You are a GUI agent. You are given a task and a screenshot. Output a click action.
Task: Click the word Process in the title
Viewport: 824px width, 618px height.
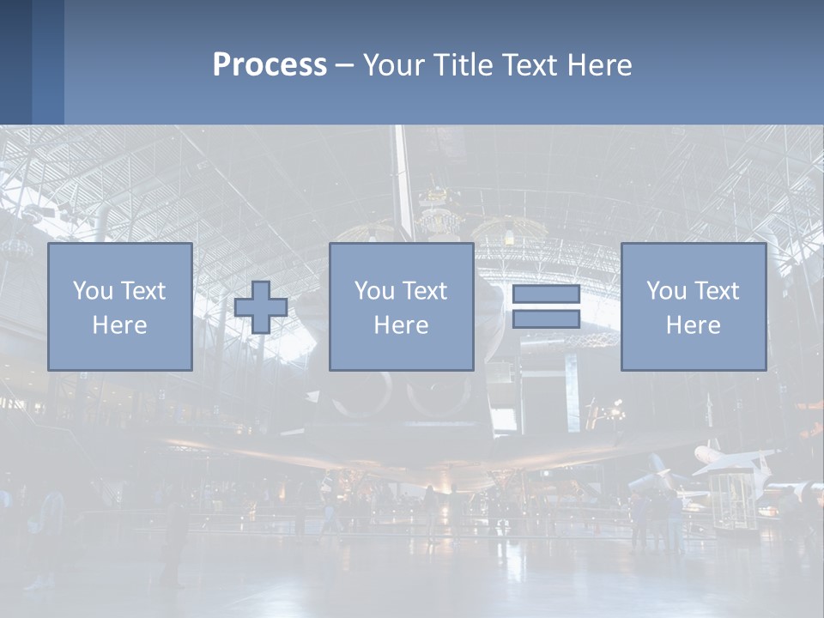(270, 65)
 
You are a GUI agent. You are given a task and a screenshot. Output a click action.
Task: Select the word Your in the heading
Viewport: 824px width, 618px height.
(393, 65)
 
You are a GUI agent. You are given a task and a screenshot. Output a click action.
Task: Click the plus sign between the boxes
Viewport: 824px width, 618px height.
(261, 307)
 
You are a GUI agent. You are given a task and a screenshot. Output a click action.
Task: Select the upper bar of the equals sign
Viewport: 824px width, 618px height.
(546, 294)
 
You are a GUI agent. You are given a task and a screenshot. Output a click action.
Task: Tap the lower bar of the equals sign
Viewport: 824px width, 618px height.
(546, 318)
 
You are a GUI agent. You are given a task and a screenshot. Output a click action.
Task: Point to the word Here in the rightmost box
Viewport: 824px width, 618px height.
(693, 325)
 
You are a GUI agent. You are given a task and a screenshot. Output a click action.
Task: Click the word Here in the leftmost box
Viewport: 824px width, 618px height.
(119, 325)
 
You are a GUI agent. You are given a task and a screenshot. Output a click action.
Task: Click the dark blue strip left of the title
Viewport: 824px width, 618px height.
(32, 62)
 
